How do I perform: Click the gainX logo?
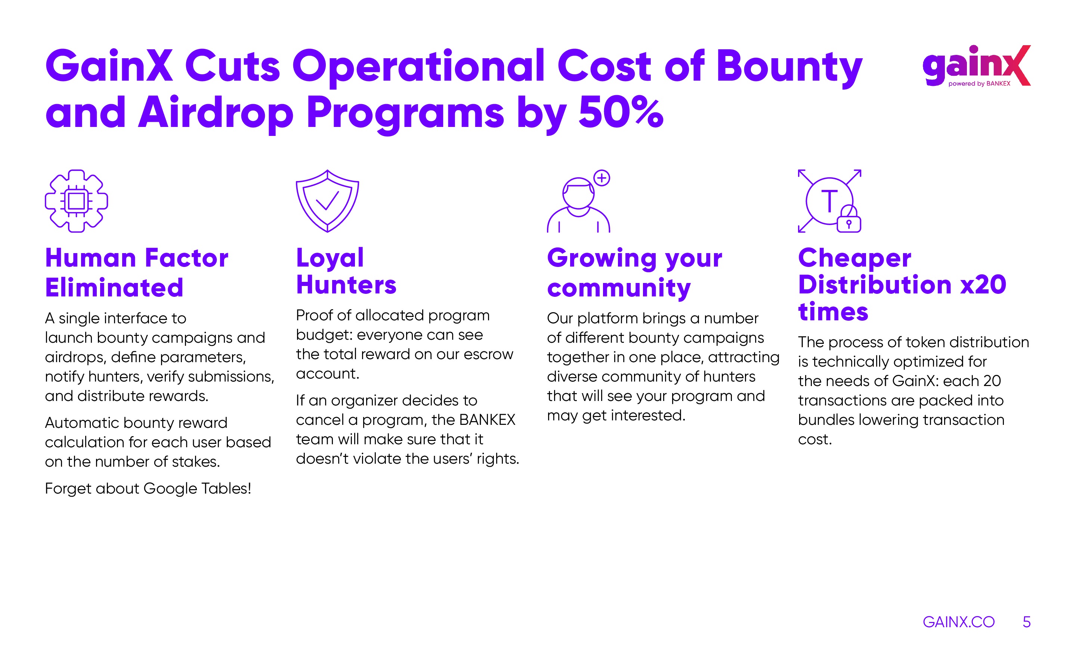pyautogui.click(x=976, y=66)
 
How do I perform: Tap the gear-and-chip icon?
pyautogui.click(x=77, y=201)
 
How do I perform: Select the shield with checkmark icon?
pyautogui.click(x=327, y=201)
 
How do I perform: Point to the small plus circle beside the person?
pyautogui.click(x=602, y=178)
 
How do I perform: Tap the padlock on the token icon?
pyautogui.click(x=849, y=219)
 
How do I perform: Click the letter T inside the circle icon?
pyautogui.click(x=829, y=201)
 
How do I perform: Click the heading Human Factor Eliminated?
pyautogui.click(x=136, y=273)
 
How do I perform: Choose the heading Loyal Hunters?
pyautogui.click(x=346, y=271)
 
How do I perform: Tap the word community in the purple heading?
pyautogui.click(x=619, y=288)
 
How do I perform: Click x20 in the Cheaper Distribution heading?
pyautogui.click(x=983, y=284)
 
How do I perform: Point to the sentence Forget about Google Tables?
pyautogui.click(x=148, y=488)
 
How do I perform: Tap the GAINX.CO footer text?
pyautogui.click(x=959, y=622)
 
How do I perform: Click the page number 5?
pyautogui.click(x=1027, y=622)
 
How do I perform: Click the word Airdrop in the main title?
pyautogui.click(x=216, y=115)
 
